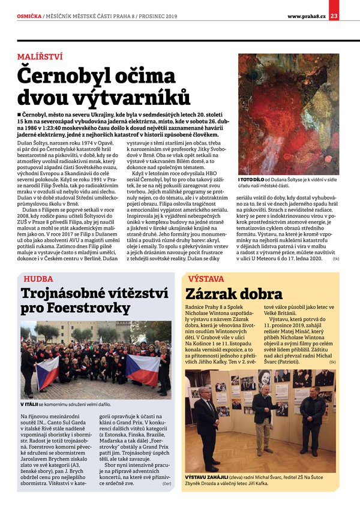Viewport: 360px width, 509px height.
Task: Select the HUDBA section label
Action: pyautogui.click(x=38, y=279)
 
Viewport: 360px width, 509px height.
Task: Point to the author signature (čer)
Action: pyautogui.click(x=166, y=497)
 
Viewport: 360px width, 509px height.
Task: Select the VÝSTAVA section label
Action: pyautogui.click(x=206, y=279)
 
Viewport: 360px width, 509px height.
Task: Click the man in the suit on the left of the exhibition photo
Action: pyautogui.click(x=206, y=416)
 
